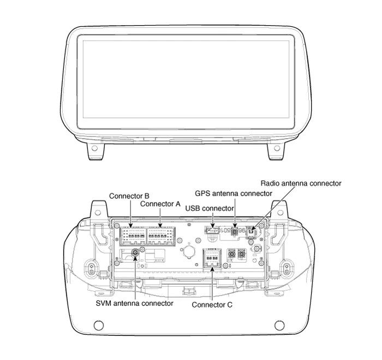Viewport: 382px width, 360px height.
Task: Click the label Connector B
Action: coord(129,196)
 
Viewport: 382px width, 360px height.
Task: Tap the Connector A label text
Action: coord(160,204)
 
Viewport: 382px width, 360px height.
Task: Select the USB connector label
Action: coord(210,208)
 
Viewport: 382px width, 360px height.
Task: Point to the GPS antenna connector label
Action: coord(234,193)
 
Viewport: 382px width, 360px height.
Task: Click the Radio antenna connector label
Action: coord(301,183)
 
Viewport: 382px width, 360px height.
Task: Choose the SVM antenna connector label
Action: coord(134,303)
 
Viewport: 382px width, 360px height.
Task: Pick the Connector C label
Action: coord(212,305)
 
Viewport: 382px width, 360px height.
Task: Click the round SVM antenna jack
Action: coord(135,253)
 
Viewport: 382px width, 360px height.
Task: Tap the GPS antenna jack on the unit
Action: coord(235,232)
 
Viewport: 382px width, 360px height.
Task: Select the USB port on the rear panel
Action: coord(212,230)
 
